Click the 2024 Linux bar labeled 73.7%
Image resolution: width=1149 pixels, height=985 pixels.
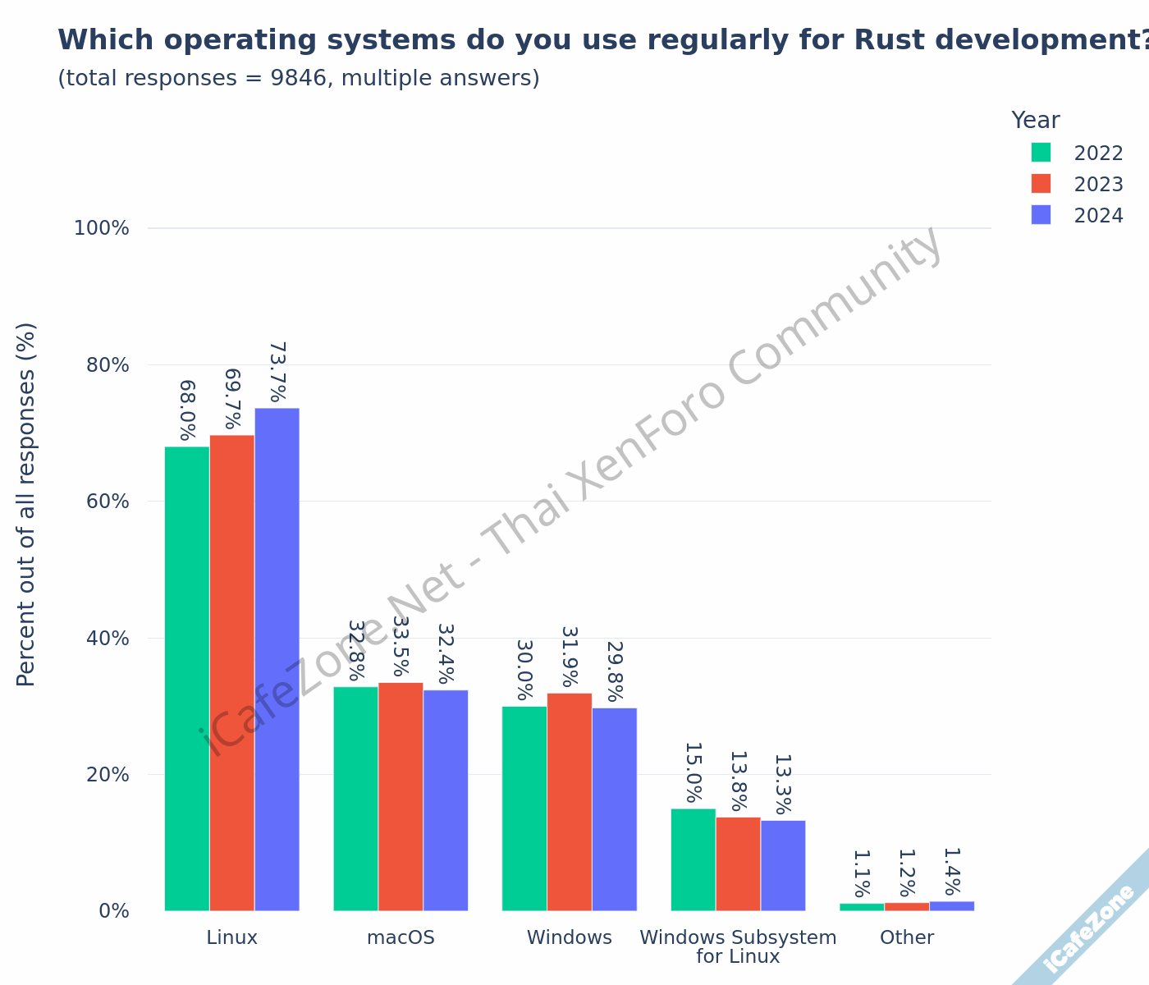[277, 657]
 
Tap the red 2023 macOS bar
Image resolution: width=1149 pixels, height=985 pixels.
[401, 796]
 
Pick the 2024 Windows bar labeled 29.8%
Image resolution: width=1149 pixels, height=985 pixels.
[614, 809]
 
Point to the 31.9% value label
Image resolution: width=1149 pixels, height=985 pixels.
[570, 657]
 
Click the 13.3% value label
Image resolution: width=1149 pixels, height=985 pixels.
[783, 784]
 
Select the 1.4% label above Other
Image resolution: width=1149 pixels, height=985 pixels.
[951, 872]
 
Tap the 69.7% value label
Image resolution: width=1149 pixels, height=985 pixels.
[232, 399]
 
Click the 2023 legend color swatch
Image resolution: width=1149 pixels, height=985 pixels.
[1041, 183]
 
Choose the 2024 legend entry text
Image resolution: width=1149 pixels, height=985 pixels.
[1098, 216]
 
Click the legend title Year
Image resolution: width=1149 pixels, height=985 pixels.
[1035, 121]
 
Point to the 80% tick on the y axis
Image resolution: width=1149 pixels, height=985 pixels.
[108, 364]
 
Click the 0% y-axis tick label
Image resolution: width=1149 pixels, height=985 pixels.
[114, 911]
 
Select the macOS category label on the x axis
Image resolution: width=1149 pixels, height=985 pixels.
[401, 937]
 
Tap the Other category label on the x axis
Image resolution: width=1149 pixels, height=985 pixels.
[907, 937]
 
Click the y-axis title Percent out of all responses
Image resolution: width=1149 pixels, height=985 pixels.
[26, 504]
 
